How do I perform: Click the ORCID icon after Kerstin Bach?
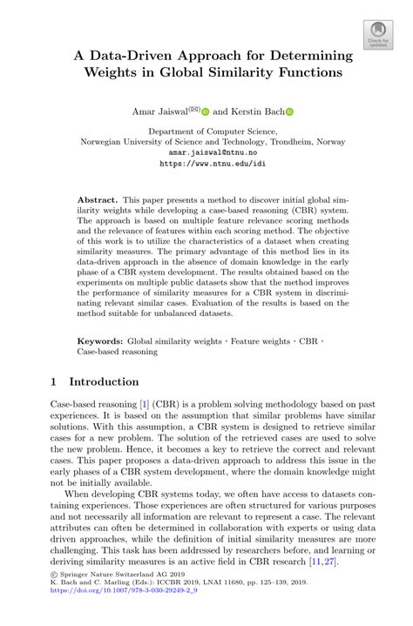point(290,111)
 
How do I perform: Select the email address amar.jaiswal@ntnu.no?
point(206,150)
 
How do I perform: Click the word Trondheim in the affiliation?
point(274,138)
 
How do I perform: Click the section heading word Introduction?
point(104,381)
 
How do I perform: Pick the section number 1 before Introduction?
point(56,381)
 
